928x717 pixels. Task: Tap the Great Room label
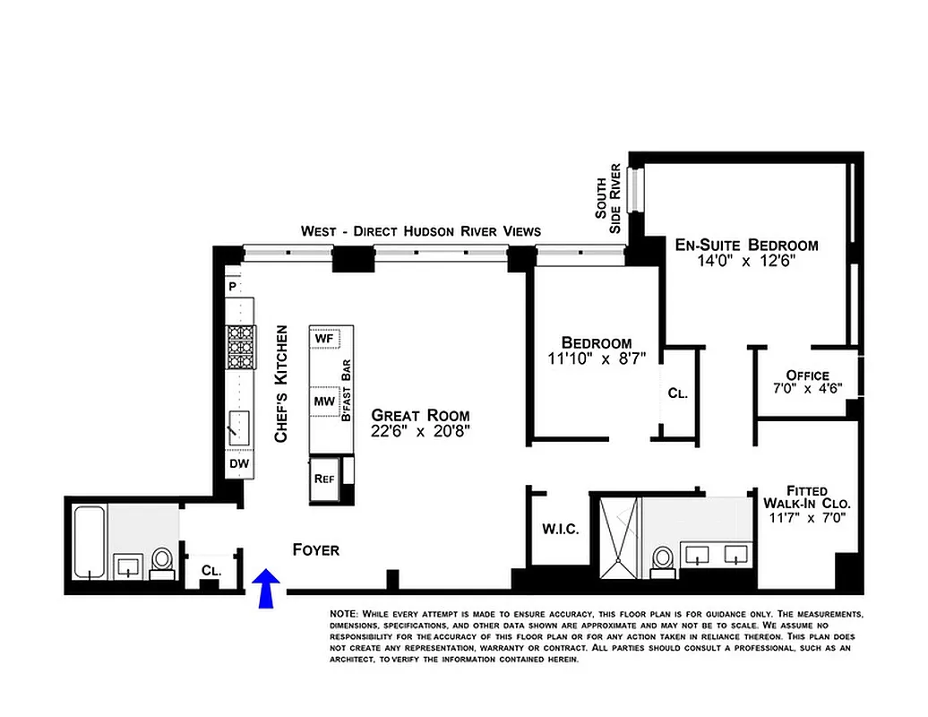(x=420, y=422)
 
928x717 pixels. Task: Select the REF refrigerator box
(x=324, y=477)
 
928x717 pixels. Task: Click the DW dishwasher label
(x=238, y=463)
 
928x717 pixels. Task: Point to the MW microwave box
(x=323, y=402)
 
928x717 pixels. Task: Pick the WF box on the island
(x=324, y=339)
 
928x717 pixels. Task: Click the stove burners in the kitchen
(x=240, y=348)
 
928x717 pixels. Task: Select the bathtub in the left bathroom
(x=88, y=542)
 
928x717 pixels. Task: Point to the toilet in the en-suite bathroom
(x=663, y=557)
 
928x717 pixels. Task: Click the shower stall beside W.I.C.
(x=617, y=536)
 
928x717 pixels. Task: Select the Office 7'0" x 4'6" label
(x=807, y=382)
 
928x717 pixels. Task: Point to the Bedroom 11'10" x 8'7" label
(x=596, y=350)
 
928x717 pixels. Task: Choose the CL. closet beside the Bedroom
(x=676, y=393)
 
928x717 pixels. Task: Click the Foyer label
(x=316, y=549)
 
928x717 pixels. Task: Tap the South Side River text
(x=608, y=199)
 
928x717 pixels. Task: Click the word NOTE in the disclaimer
(x=344, y=614)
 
